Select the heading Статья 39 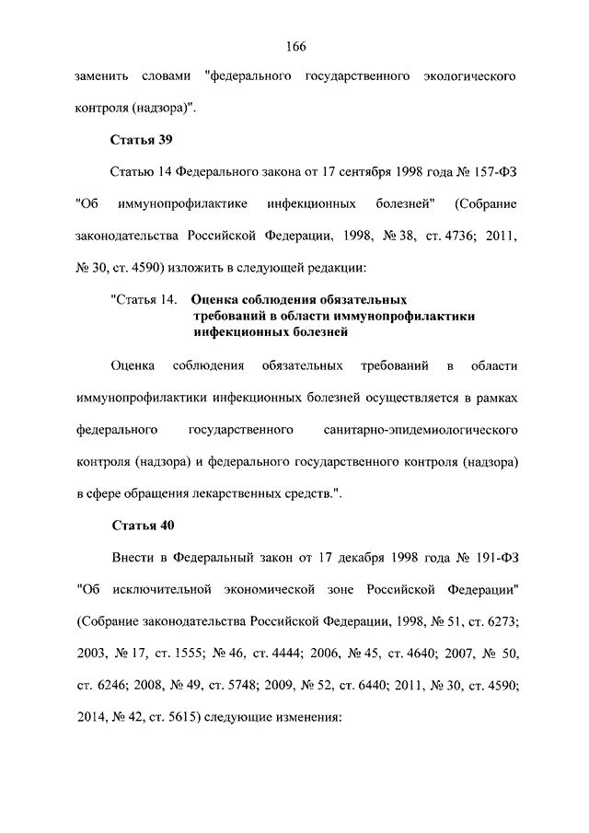(x=142, y=141)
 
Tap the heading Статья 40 (x=142, y=526)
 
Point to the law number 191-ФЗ (x=492, y=558)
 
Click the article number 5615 (x=183, y=717)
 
